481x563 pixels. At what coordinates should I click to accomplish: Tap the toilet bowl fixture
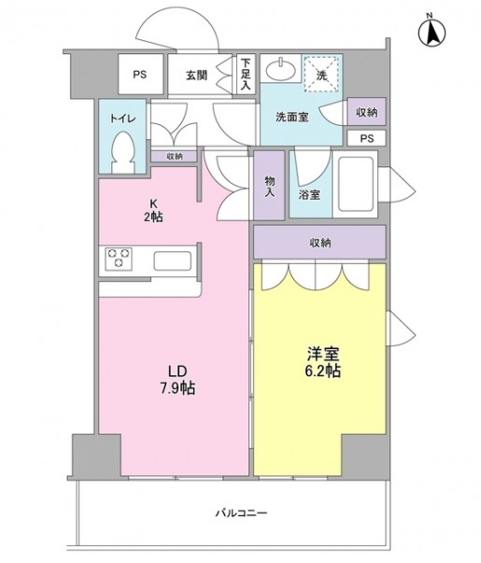tap(123, 152)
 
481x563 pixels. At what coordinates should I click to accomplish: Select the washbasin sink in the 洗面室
tap(280, 69)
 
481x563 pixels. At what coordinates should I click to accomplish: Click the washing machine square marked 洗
tap(321, 74)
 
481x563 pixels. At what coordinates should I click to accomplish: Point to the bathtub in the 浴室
tap(355, 184)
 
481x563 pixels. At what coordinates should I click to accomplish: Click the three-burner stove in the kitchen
tap(119, 259)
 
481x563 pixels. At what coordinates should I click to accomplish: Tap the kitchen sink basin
tap(173, 260)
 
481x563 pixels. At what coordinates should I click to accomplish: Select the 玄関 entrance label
tap(196, 75)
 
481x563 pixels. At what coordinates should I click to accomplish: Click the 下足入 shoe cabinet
tap(246, 75)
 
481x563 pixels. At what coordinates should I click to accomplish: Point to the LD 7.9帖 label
tap(177, 379)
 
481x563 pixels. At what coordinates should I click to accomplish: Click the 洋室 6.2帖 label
tap(323, 362)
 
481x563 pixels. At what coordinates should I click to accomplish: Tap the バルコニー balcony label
tap(241, 513)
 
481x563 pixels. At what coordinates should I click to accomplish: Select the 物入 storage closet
tap(269, 185)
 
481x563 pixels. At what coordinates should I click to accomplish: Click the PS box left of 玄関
tap(140, 75)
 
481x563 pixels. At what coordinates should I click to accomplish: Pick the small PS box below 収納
tap(366, 138)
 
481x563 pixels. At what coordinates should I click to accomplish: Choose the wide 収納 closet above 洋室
tap(319, 242)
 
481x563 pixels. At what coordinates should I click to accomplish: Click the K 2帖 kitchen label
tap(153, 210)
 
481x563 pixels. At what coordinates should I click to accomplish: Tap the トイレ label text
tap(122, 119)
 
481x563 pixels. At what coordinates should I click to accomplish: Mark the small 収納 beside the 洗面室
tap(366, 112)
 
